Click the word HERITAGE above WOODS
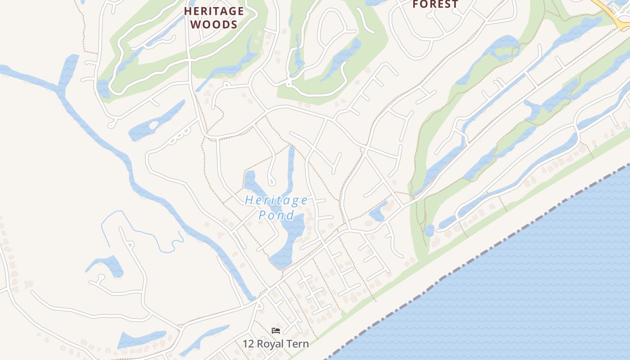click(214, 11)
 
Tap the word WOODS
click(214, 24)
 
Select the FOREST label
click(436, 4)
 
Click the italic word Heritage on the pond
click(276, 200)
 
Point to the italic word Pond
click(276, 215)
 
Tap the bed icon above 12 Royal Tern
click(276, 331)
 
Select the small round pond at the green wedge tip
click(429, 230)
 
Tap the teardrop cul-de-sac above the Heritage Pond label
click(272, 181)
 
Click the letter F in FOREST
click(416, 4)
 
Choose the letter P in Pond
click(262, 215)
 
